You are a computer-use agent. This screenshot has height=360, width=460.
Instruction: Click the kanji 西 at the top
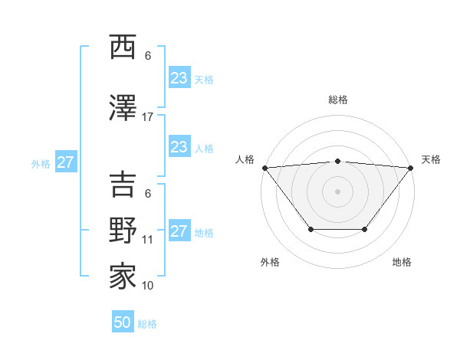[123, 47]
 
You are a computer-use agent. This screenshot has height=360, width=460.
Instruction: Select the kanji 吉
[123, 185]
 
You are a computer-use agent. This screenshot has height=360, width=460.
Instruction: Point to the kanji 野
[123, 230]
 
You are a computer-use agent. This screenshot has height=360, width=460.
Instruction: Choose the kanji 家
[123, 276]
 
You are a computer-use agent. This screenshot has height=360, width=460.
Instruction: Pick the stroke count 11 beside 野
[148, 240]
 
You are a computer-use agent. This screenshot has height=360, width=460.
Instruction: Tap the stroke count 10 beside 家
[148, 286]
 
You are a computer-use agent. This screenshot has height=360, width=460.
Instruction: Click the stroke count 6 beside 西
[148, 56]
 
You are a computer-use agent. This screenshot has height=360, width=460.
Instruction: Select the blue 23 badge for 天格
[179, 78]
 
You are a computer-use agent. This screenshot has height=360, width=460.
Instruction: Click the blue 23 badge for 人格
[179, 147]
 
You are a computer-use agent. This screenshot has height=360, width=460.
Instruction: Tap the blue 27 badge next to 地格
[179, 231]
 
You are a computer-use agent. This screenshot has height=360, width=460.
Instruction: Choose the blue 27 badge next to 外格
[65, 162]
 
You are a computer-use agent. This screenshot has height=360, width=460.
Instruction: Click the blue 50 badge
[123, 322]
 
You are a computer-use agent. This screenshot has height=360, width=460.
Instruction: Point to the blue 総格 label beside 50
[148, 324]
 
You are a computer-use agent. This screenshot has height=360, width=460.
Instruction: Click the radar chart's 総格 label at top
[338, 100]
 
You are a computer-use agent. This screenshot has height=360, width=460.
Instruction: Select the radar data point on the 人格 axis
[264, 168]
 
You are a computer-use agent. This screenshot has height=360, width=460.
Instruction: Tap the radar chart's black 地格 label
[402, 262]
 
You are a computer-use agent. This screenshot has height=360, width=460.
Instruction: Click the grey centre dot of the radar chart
[338, 191]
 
